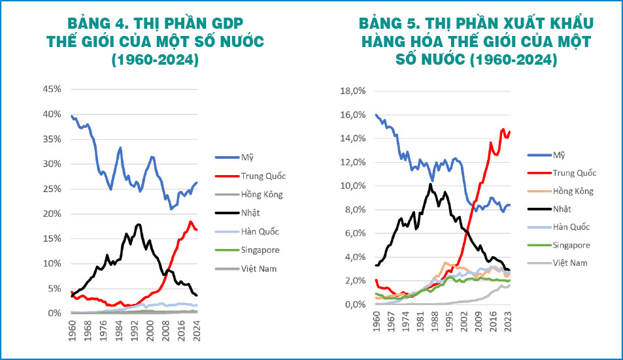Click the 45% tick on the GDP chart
(x=53, y=89)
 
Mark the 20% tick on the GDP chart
(x=53, y=214)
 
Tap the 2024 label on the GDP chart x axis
(x=197, y=329)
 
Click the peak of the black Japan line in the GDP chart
(x=138, y=225)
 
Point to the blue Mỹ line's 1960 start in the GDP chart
(x=71, y=116)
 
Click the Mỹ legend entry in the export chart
(x=559, y=155)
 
